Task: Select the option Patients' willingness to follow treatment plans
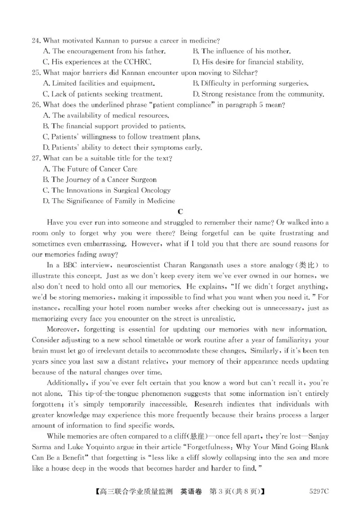pos(121,137)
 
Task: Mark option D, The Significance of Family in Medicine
pos(108,201)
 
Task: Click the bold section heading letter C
pos(180,212)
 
